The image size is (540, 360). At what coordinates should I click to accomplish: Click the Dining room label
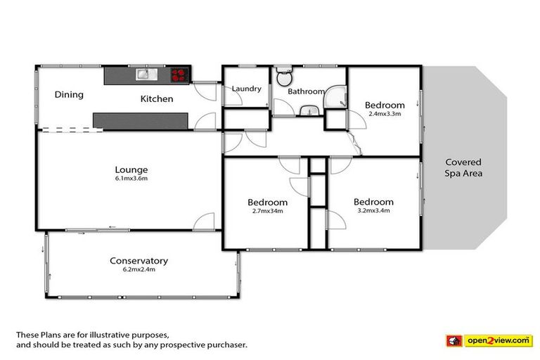(x=69, y=95)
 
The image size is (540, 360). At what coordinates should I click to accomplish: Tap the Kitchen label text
(x=156, y=99)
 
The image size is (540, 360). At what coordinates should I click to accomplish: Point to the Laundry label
(x=247, y=89)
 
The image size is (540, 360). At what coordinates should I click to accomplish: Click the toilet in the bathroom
(x=283, y=75)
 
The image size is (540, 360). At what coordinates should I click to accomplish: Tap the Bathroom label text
(x=306, y=91)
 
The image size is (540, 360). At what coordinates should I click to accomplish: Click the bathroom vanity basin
(x=309, y=110)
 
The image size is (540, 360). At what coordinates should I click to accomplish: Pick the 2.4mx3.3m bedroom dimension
(x=385, y=114)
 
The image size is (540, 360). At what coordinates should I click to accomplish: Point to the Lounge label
(x=131, y=169)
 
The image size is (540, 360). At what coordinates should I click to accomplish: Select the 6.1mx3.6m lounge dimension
(x=131, y=179)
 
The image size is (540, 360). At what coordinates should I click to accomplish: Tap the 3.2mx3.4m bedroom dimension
(x=373, y=210)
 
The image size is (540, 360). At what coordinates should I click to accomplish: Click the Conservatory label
(x=139, y=261)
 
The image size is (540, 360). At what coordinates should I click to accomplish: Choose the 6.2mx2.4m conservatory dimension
(x=139, y=270)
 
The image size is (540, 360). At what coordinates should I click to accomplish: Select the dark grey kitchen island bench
(x=141, y=120)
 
